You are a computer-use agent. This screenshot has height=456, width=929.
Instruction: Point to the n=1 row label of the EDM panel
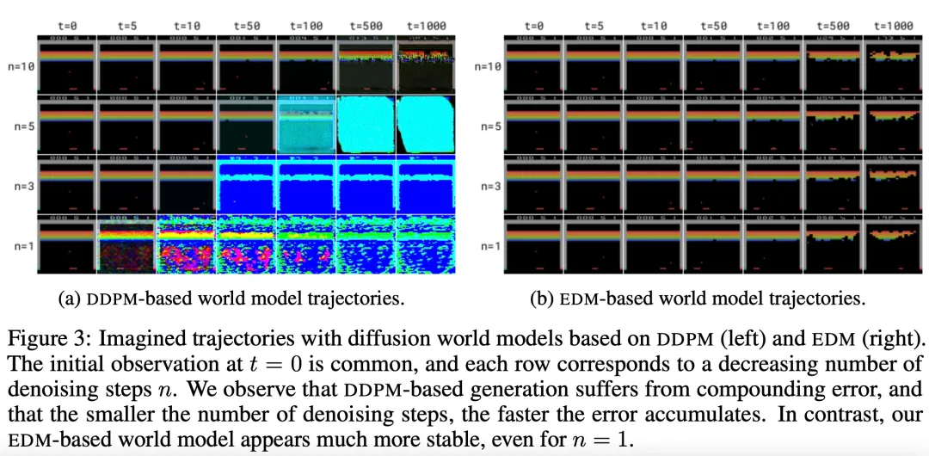click(x=489, y=246)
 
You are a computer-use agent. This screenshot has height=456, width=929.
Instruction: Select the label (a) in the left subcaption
click(x=68, y=299)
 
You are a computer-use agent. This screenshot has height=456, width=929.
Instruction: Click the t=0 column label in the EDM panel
click(x=533, y=26)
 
